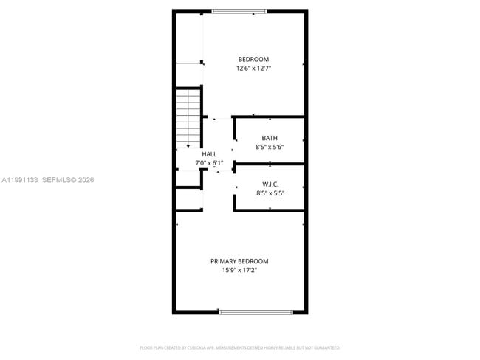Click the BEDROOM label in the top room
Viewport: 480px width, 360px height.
pyautogui.click(x=253, y=59)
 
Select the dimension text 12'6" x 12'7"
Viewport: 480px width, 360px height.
pyautogui.click(x=253, y=69)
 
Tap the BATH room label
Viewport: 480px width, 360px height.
pyautogui.click(x=270, y=138)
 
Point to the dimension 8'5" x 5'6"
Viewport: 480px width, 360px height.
pyautogui.click(x=270, y=147)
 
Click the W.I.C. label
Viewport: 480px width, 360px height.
pyautogui.click(x=270, y=184)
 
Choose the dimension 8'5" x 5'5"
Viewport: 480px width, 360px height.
pyautogui.click(x=270, y=193)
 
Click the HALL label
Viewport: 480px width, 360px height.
pyautogui.click(x=209, y=154)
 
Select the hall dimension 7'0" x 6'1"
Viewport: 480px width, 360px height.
pyautogui.click(x=209, y=163)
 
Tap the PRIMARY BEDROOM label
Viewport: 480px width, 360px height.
pyautogui.click(x=239, y=261)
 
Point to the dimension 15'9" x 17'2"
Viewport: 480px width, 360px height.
pyautogui.click(x=239, y=270)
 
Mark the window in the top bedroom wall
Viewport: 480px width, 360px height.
pyautogui.click(x=239, y=11)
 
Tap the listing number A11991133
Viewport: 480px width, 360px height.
pyautogui.click(x=20, y=179)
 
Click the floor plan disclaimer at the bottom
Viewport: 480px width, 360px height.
pyautogui.click(x=239, y=347)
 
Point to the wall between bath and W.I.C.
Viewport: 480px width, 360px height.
pyautogui.click(x=270, y=164)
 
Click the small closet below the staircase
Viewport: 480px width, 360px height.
pyautogui.click(x=188, y=199)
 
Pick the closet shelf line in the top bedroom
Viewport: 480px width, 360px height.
pyautogui.click(x=190, y=63)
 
